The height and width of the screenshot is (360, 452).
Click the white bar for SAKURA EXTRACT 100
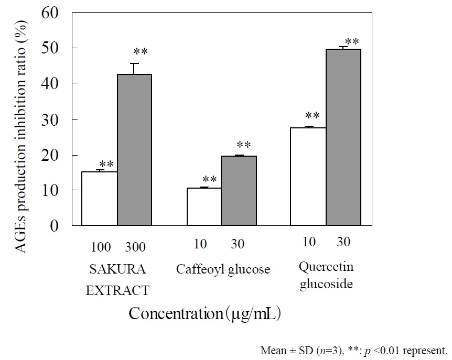coord(99,199)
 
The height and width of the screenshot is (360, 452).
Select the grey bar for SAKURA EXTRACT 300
coord(134,150)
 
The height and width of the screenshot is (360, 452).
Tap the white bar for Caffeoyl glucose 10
coord(203,206)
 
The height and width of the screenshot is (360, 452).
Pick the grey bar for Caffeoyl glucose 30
coord(239,191)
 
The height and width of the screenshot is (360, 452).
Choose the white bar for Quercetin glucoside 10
coord(308,177)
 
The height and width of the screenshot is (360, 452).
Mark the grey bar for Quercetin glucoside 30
coord(343,137)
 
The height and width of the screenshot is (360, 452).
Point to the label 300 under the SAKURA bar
coord(135,246)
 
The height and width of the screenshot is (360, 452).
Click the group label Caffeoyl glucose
coord(223,270)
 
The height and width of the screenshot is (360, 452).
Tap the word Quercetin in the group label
coord(326,267)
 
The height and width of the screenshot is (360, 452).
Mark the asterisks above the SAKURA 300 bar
coord(140,52)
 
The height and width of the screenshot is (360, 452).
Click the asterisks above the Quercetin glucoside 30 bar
coord(351,41)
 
